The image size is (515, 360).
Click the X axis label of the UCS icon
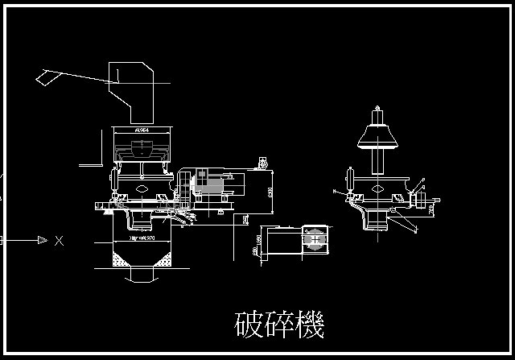59,240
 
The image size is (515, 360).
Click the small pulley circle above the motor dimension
263,163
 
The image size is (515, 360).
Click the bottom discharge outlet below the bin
143,276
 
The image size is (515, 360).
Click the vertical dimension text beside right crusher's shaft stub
431,211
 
